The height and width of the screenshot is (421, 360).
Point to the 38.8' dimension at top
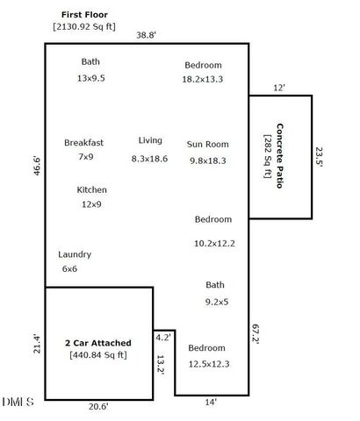coord(146,36)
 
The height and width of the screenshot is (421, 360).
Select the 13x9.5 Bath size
coord(90,78)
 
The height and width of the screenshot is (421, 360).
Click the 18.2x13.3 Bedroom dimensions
coord(203,79)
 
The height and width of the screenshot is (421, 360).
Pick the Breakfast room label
coord(84,142)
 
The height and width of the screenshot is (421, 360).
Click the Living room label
coord(150,140)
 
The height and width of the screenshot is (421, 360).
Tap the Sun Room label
coord(208,144)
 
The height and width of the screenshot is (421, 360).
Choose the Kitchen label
coord(91,189)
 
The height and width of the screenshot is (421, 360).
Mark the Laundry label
coord(75,254)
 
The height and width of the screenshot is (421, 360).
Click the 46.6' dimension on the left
coord(36,167)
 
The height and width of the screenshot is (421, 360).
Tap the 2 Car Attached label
coord(98,342)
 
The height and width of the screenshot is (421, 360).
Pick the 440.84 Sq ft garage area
coord(98,355)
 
